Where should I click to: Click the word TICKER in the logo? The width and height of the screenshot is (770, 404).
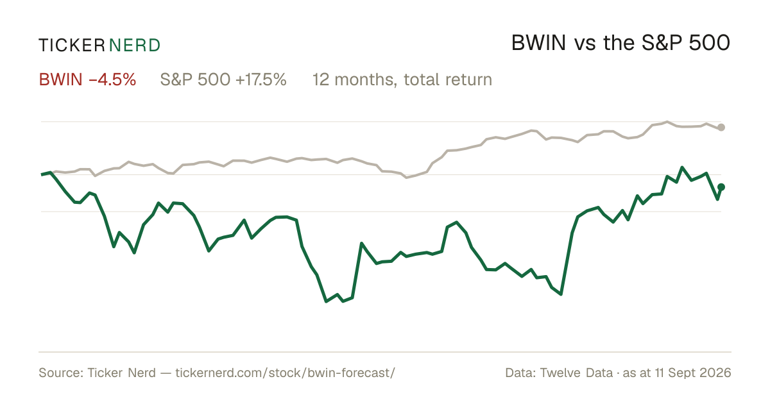point(72,46)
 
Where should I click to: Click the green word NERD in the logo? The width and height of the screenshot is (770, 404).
point(135,46)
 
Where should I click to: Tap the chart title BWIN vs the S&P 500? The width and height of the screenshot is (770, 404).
point(621,43)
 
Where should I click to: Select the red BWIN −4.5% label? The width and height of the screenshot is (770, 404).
point(88,80)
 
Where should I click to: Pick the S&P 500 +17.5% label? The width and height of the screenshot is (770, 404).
point(223,80)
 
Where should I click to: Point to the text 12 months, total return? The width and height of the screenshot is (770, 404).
point(402,80)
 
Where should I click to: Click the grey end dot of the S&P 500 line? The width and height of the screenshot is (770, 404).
point(721,128)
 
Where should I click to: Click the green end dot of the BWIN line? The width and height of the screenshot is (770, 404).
point(721,187)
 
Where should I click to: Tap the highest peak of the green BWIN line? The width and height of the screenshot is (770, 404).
point(682,167)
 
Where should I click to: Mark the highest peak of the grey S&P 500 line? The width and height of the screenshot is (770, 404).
point(667,122)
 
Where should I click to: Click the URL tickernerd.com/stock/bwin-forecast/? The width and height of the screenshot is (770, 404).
point(286,373)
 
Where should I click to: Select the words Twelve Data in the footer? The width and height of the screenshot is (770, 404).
point(576,373)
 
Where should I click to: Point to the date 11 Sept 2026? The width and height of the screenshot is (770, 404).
point(693,373)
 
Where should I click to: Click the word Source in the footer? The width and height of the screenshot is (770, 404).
point(60,373)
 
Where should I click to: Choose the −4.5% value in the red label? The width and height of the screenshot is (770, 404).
point(112,80)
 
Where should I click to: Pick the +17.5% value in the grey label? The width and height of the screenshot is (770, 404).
point(261,80)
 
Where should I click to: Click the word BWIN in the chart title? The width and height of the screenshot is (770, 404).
point(538,43)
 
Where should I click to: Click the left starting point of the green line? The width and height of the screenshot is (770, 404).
point(42,174)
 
